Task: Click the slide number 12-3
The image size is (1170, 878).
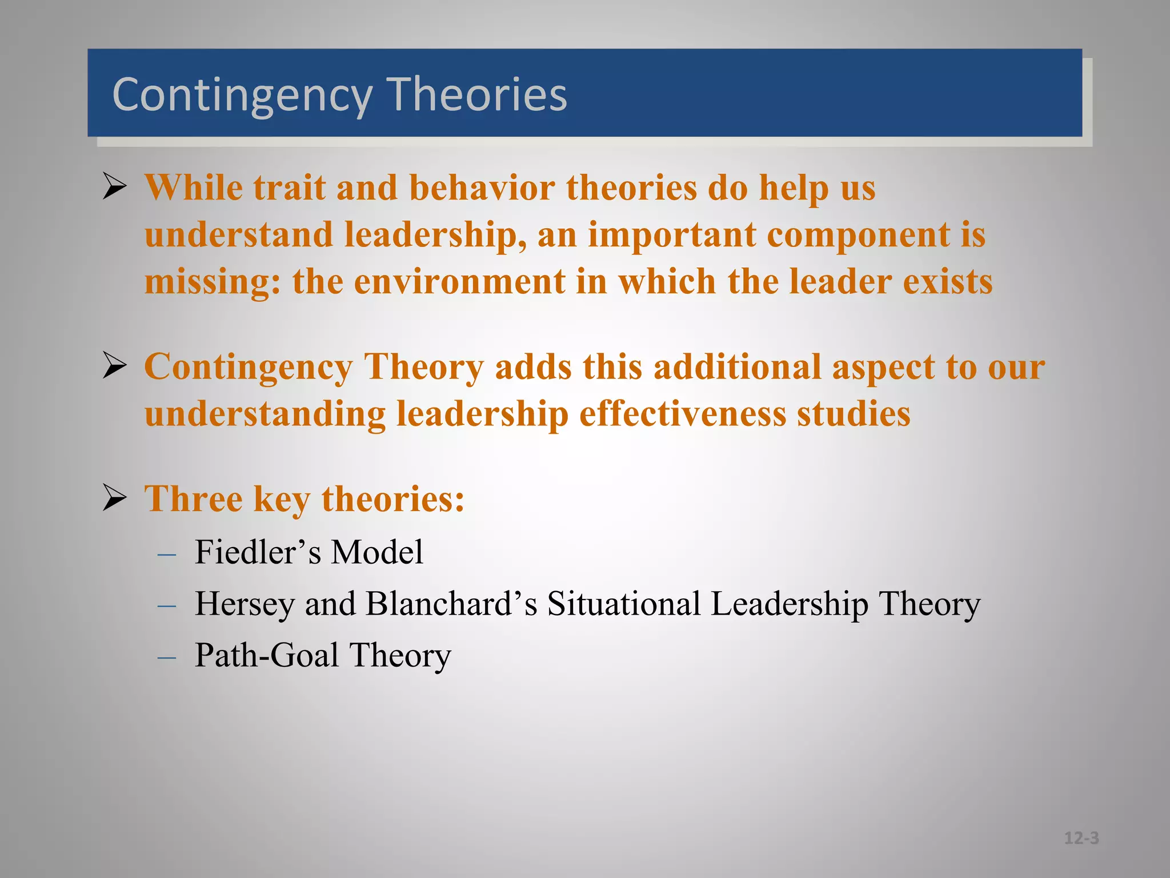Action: tap(1081, 838)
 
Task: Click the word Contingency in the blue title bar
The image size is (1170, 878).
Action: tap(242, 95)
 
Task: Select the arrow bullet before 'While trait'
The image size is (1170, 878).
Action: tap(114, 187)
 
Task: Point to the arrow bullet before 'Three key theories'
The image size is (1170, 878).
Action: tap(114, 498)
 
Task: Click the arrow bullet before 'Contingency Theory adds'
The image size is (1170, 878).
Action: tap(114, 366)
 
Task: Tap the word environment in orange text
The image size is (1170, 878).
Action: tap(459, 282)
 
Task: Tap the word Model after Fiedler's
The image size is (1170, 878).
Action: tap(377, 552)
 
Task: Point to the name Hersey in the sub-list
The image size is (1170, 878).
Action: tap(245, 604)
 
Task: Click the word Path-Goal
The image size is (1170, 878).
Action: tap(267, 655)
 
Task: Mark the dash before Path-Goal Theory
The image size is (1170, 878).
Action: tap(166, 657)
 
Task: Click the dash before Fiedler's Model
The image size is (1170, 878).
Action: tap(166, 554)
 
